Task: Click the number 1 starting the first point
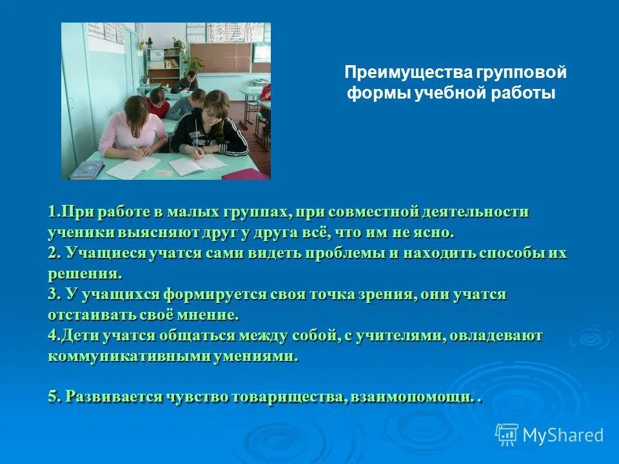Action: point(52,212)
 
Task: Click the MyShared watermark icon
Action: point(507,434)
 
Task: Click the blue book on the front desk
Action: point(87,169)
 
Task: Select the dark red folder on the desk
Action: point(245,173)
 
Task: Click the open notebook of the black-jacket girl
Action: point(197,162)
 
